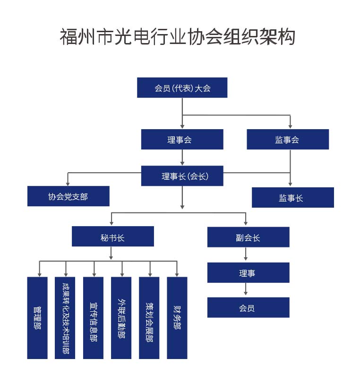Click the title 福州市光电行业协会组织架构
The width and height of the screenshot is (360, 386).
177,36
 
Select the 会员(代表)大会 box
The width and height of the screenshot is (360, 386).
182,88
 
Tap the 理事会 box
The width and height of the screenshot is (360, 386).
182,140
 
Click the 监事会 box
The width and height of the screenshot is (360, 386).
287,140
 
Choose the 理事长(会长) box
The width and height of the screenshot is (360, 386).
182,176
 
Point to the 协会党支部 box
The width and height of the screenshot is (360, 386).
68,196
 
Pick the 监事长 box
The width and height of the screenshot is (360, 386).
292,198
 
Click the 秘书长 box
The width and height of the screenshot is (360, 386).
112,237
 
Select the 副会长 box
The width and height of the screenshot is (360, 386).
248,237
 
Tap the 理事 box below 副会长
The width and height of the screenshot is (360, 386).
248,272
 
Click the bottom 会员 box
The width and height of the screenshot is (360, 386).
248,307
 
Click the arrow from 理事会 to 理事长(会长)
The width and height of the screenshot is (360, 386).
182,158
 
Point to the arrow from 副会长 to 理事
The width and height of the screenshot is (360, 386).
246,254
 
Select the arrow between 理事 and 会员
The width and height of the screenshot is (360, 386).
246,290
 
